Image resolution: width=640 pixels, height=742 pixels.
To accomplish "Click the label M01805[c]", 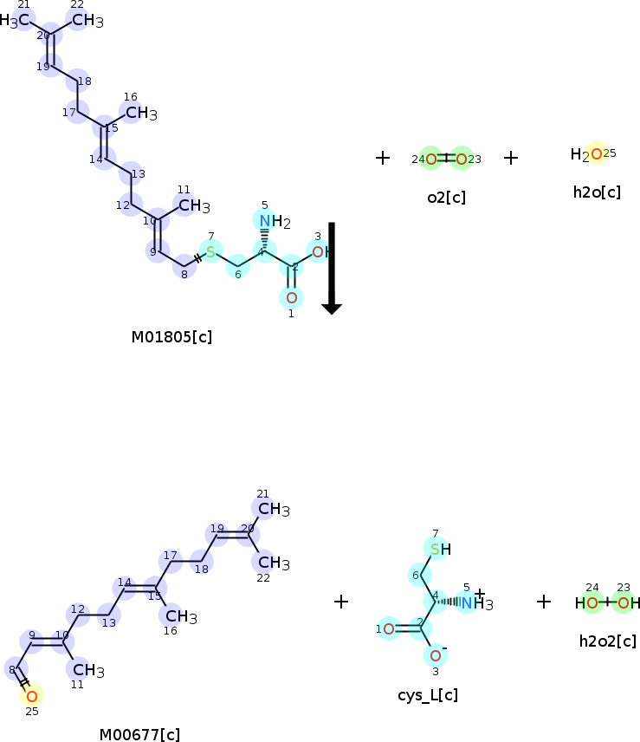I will (x=171, y=336).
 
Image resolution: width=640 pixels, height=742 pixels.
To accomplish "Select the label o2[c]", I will (x=446, y=198).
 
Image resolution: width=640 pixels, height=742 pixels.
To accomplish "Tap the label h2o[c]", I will (x=597, y=192).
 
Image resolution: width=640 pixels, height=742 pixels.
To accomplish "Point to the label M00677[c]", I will (x=139, y=735).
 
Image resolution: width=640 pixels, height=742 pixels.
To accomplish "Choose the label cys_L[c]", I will (x=428, y=695).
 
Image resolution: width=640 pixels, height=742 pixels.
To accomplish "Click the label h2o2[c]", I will (x=607, y=641).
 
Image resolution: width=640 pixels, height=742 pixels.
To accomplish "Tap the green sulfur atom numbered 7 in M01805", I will (x=210, y=252).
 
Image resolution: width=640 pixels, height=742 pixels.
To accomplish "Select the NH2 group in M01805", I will (x=274, y=221).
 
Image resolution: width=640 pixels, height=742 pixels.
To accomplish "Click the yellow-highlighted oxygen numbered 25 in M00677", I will (x=31, y=695).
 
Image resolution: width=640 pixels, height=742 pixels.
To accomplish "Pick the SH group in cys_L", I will (x=439, y=549).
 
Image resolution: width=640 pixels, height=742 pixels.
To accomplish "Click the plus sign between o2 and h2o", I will (x=511, y=158).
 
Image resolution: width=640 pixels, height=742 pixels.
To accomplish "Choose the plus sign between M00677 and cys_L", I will (x=341, y=602).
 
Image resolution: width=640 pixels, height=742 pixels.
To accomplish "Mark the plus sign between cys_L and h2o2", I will (x=544, y=602).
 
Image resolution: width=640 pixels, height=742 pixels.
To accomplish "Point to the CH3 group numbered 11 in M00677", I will (x=87, y=670).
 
